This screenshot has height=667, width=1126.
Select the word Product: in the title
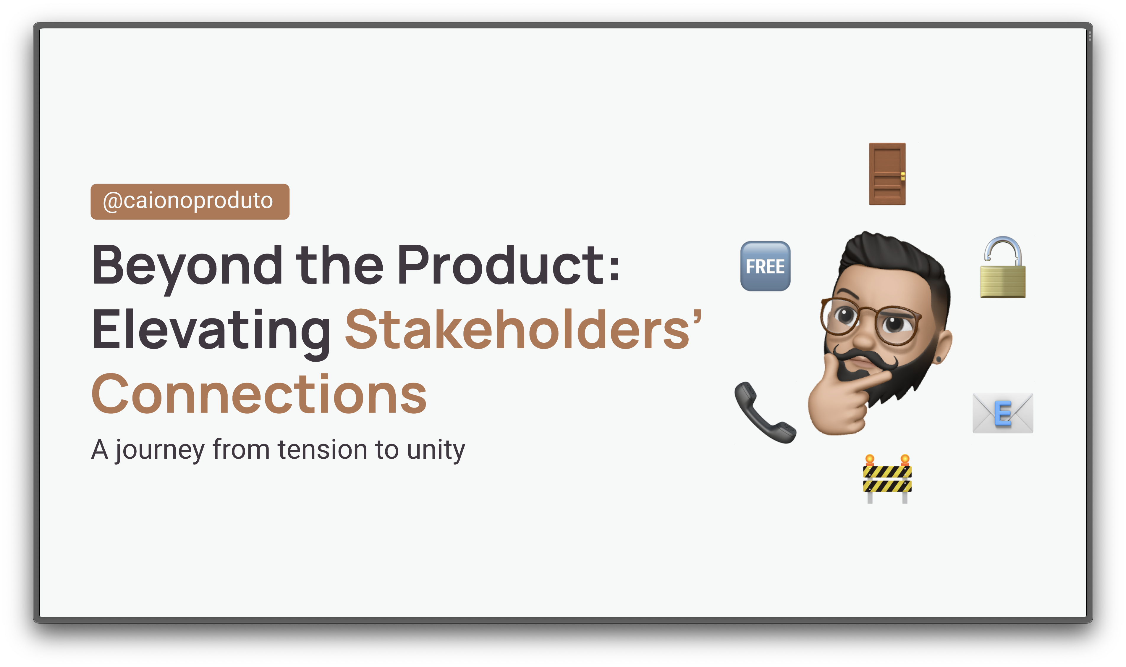(x=508, y=265)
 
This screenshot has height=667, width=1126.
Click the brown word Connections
(x=259, y=394)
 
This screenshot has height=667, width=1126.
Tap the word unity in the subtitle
(x=436, y=450)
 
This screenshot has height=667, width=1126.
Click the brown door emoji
(x=887, y=174)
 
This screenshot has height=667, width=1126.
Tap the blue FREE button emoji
(x=765, y=266)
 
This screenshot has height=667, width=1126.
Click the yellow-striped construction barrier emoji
(x=887, y=479)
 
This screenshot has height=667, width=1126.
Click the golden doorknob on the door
(x=903, y=176)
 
